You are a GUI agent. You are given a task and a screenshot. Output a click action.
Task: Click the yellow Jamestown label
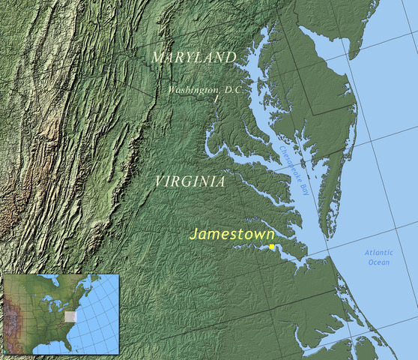[x=231, y=234]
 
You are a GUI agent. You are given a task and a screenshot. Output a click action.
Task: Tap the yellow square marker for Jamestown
[x=272, y=247]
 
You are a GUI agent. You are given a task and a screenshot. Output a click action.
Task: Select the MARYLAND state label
[x=193, y=58]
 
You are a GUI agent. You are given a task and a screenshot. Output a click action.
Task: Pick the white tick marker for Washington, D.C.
[x=216, y=99]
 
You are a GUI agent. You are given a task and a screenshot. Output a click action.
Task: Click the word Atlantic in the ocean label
[x=378, y=253]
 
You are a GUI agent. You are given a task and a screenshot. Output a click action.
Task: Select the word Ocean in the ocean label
[x=378, y=262]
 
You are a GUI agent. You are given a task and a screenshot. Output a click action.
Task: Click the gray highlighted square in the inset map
[x=70, y=316]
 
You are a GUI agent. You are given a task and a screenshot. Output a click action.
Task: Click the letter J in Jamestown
[x=193, y=235]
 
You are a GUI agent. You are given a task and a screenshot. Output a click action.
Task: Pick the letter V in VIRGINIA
[x=160, y=182]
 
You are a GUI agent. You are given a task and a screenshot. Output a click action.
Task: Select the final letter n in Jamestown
[x=270, y=234]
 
